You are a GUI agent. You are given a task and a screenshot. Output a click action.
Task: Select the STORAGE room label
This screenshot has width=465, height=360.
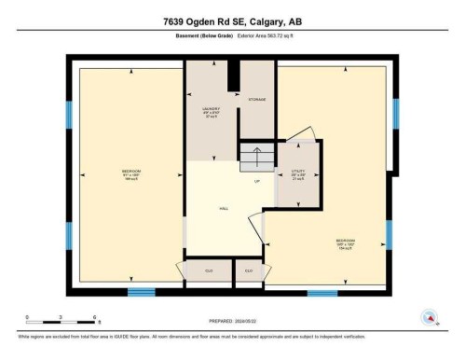click(257, 99)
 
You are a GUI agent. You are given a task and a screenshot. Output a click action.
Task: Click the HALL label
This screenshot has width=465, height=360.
click(224, 209)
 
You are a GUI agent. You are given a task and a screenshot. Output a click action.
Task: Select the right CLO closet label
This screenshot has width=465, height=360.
click(249, 270)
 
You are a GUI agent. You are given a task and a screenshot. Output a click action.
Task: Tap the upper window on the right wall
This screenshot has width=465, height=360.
click(395, 113)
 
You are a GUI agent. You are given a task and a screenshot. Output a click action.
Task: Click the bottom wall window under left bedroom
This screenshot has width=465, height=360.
click(141, 293)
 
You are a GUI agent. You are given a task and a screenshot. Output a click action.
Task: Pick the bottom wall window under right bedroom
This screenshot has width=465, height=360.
click(322, 293)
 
